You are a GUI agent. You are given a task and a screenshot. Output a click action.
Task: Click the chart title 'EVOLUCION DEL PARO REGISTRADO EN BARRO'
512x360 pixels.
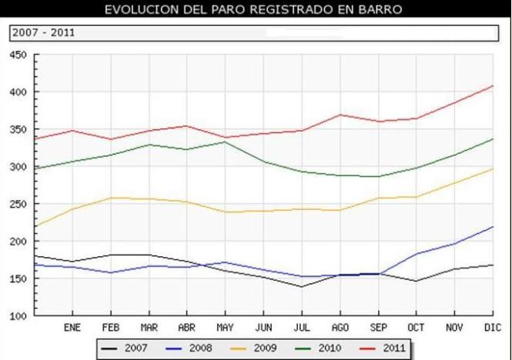click(x=254, y=10)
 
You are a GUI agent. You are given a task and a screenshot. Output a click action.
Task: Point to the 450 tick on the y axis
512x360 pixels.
click(x=18, y=55)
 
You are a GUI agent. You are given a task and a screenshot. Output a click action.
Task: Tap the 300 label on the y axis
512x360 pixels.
click(x=18, y=167)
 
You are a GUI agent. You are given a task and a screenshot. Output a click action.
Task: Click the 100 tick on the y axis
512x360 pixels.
click(x=18, y=316)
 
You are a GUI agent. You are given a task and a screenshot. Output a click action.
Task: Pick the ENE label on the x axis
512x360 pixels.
click(x=72, y=327)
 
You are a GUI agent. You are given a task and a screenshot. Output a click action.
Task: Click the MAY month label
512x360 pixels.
click(x=224, y=327)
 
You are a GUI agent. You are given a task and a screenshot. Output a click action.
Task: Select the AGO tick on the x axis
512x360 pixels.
click(x=340, y=327)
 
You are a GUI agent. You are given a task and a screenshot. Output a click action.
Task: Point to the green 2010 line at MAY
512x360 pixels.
click(x=224, y=142)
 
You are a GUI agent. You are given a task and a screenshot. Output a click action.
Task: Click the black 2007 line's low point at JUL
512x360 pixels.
click(x=302, y=287)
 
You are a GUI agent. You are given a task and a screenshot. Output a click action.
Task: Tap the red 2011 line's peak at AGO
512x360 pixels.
click(x=340, y=115)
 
